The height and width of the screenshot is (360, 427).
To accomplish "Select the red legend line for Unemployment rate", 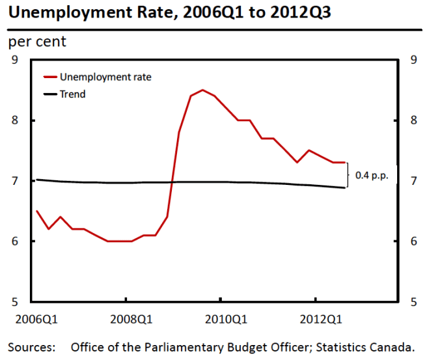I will coord(49,77).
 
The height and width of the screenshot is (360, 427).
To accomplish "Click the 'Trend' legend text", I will coord(72,94).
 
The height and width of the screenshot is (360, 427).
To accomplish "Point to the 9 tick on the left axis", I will coord(14,61).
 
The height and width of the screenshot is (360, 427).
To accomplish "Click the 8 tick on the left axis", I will coord(14,120).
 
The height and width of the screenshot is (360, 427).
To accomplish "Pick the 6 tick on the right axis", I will coord(413,242).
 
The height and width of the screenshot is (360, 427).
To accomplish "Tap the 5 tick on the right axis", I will coord(413,301).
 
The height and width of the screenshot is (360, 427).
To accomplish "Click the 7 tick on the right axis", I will coord(413,181).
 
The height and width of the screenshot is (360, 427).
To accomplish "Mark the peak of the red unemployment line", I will coord(202,90).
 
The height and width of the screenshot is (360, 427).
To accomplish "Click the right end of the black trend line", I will coord(344,187).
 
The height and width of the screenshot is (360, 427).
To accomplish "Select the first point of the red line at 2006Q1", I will coord(36,211).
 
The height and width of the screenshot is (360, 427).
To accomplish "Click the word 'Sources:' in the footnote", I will coord(31,346).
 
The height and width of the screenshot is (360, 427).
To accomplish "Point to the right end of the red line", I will coord(344,163).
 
